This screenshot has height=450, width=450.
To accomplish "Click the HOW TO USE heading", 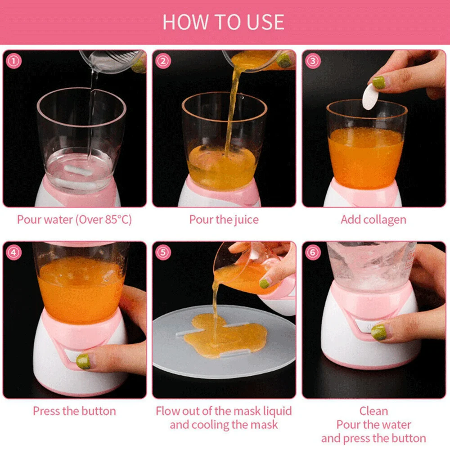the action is (223, 22).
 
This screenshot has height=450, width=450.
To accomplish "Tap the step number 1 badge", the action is (13, 61).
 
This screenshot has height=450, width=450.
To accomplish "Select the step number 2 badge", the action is (163, 61).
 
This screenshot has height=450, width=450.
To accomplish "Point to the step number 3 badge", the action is (313, 61).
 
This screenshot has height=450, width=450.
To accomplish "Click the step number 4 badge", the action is (13, 252).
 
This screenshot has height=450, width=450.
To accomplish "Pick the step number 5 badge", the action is (163, 252).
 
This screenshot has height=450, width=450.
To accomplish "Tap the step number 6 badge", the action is (313, 252).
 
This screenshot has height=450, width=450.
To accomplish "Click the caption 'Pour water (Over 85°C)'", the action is (74, 220).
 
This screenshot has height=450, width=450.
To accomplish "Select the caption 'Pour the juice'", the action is (224, 220).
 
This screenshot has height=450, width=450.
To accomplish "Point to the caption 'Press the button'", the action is (74, 411).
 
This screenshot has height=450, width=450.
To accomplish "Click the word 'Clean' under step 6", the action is (373, 411).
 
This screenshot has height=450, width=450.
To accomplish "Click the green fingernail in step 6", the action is (379, 333).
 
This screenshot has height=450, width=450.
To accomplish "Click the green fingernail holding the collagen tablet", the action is (379, 82).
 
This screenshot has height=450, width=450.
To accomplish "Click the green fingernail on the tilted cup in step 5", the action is (265, 284).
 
